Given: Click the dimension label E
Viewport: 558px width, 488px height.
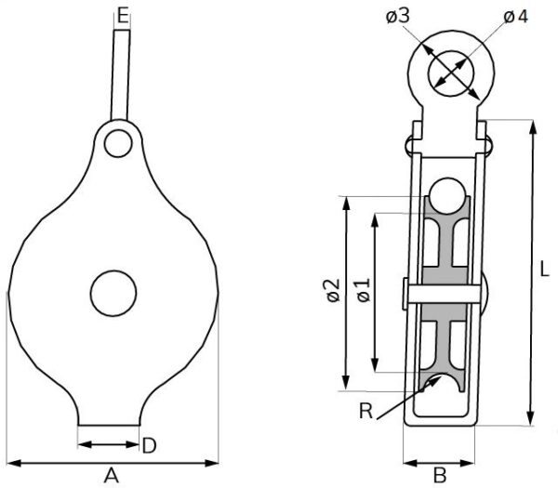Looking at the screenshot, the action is (123, 17).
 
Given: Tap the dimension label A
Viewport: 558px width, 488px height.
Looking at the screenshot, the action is (112, 476).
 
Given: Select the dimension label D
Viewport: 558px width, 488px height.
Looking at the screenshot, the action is (149, 445).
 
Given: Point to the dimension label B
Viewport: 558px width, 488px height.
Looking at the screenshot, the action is (440, 476).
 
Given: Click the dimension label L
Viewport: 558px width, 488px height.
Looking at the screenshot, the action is (545, 269).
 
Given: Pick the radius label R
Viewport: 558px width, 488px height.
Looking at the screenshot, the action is (365, 411).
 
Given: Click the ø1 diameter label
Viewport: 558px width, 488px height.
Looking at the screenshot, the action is (364, 290).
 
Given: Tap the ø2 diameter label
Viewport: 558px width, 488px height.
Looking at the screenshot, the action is (334, 291).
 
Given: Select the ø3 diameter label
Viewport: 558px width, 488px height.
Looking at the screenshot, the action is (398, 16).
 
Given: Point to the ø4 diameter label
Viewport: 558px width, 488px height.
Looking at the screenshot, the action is (515, 17).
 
